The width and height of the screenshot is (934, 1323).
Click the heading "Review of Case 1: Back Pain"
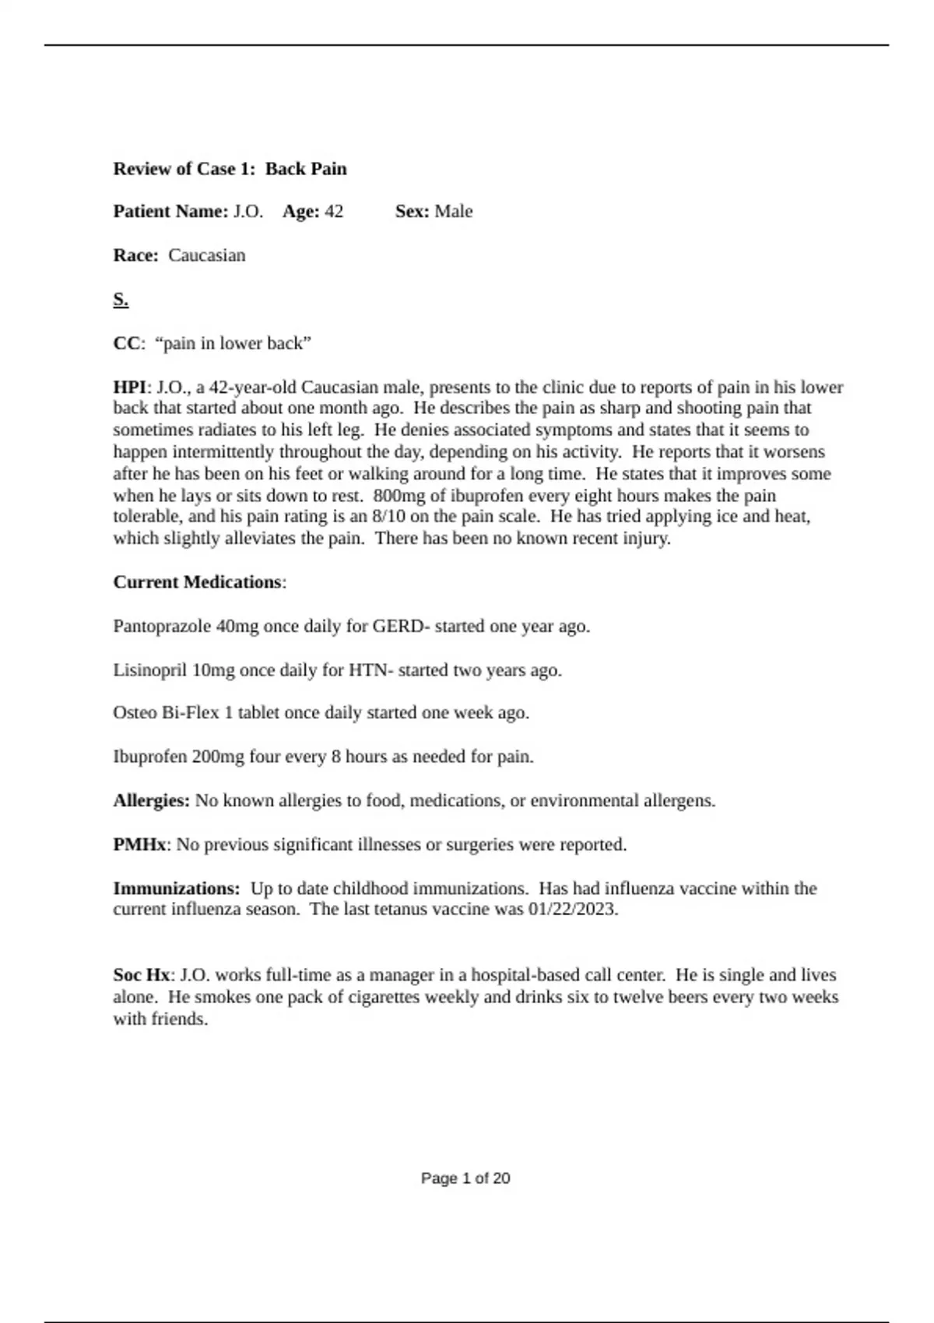point(230,169)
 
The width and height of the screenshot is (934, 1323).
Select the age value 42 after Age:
point(333,212)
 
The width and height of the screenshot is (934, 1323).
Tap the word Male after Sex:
point(453,212)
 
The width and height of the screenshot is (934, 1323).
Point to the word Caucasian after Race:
point(206,255)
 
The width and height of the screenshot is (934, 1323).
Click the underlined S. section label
point(121,300)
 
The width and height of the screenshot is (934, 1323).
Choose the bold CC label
point(126,343)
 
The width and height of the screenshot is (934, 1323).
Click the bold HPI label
point(129,388)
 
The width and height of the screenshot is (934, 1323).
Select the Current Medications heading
point(197,582)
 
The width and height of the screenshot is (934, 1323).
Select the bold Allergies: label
point(151,801)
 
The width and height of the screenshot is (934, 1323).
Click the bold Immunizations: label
point(176,889)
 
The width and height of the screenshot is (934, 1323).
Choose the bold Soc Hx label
point(141,975)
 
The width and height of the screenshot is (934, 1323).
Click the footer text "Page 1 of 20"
point(465,1178)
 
